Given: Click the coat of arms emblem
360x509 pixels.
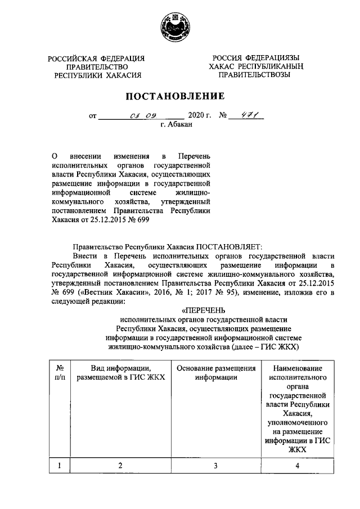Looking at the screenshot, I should pos(180,26).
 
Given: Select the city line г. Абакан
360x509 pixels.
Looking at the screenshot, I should pos(175,125).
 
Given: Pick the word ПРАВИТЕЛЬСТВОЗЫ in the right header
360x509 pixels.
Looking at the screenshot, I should pos(254,75).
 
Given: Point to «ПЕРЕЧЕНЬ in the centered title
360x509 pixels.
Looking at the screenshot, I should pos(203,309).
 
